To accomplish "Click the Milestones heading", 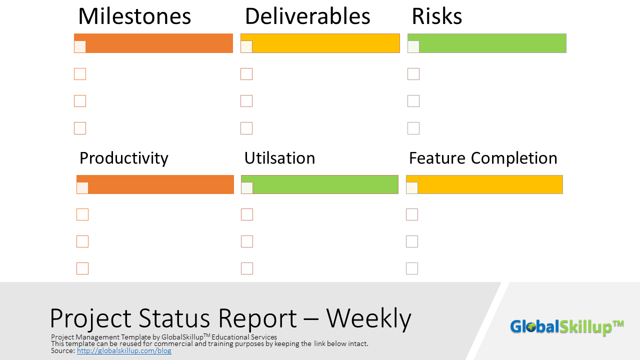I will click(134, 16).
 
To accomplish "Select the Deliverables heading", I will click(307, 16).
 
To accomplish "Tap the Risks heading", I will click(436, 16).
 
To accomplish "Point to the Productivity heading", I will click(124, 158).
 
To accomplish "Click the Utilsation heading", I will click(279, 158).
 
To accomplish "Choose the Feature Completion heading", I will click(483, 158).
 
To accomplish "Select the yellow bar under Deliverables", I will click(325, 43).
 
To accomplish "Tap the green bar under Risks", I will click(492, 43).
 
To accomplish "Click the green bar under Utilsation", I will click(325, 184).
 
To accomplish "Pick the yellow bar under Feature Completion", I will click(490, 184).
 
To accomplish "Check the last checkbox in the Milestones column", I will click(80, 128).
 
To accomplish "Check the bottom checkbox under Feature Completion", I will click(412, 268).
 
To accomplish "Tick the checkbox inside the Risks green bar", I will click(413, 46).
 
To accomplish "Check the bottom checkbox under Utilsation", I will click(247, 268).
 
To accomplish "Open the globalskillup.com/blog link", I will click(124, 351).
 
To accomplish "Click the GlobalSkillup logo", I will click(566, 327).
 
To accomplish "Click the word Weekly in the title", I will click(369, 318).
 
